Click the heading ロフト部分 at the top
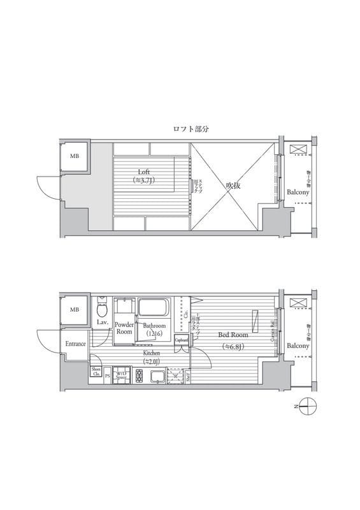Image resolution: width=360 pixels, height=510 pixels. coord(191,129)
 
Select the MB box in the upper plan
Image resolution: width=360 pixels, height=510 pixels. coord(75,156)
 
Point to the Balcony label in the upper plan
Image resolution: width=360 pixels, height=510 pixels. coord(298,192)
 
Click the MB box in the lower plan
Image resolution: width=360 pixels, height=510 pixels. coord(75,310)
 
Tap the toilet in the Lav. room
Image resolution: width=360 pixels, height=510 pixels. coord(101,310)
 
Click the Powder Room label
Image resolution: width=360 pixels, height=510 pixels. coord(124,328)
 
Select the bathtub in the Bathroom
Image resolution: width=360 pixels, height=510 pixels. coord(153,309)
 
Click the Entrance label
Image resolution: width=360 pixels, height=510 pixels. coord(76,344)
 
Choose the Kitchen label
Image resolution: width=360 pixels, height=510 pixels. coord(151,353)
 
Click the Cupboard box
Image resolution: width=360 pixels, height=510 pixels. coord(182,341)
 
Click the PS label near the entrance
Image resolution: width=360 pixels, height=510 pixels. coord(108,376)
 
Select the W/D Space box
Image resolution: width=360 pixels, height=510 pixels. coord(121,375)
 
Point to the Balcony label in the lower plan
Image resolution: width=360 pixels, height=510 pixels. coord(298,346)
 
